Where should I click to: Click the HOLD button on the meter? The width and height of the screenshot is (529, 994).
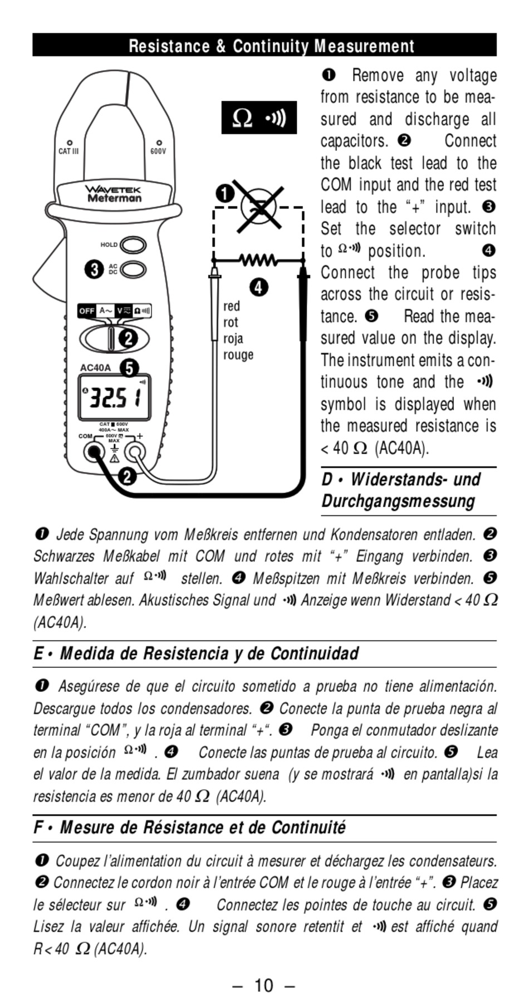[133, 245]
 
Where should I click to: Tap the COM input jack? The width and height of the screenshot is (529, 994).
[94, 452]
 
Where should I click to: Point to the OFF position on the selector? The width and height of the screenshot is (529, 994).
[86, 311]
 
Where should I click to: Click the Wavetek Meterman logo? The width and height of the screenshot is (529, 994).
[114, 194]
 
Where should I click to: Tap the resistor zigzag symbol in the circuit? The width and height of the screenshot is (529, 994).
[257, 259]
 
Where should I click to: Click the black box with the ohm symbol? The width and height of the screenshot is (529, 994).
[259, 117]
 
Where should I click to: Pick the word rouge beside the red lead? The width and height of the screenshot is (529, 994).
[238, 355]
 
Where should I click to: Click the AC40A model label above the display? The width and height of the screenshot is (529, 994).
[95, 368]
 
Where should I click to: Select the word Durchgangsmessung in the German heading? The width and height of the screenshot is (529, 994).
[398, 501]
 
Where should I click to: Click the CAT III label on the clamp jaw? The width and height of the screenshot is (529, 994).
[68, 151]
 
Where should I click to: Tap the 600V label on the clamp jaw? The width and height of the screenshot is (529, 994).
[158, 151]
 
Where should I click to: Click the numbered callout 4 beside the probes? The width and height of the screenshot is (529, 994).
[258, 288]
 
